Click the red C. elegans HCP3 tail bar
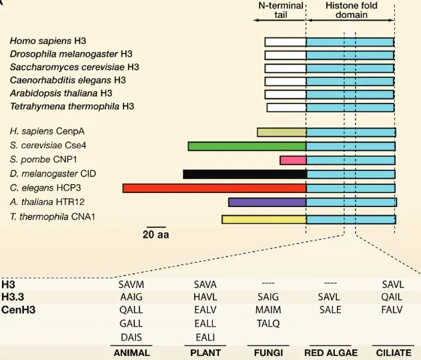point(214,188)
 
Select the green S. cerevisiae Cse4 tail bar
point(247,146)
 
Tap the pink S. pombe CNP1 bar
point(293,160)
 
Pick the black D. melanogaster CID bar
point(244,174)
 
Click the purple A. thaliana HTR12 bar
point(267,202)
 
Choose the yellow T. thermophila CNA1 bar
point(264,218)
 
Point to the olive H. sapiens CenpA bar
point(282,132)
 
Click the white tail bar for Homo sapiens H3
point(285,41)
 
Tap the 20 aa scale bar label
point(155,234)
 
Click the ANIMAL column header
point(132,352)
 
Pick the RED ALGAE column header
point(331,352)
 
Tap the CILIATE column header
point(394,352)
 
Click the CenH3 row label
point(19,309)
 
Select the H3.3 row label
point(15,296)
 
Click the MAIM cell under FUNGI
point(269,310)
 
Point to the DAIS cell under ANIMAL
point(131,337)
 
